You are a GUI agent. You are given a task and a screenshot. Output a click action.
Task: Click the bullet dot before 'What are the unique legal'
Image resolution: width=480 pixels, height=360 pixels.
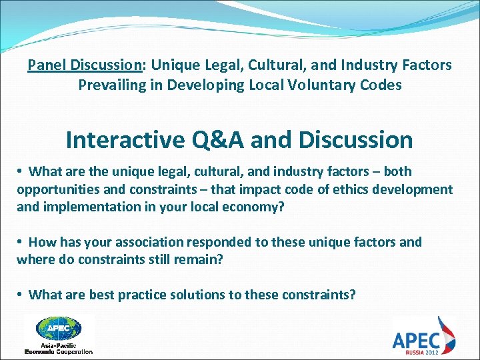(x=21, y=172)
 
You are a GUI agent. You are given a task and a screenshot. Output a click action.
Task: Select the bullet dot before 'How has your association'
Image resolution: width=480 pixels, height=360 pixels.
(x=21, y=242)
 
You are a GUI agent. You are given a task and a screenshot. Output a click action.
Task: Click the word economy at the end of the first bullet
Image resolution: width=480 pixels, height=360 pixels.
(x=257, y=207)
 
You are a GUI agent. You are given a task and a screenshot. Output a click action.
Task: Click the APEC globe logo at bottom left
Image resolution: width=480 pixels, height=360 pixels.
(x=58, y=328)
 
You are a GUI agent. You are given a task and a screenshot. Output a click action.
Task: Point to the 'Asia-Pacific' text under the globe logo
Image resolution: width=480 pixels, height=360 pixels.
(x=58, y=345)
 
